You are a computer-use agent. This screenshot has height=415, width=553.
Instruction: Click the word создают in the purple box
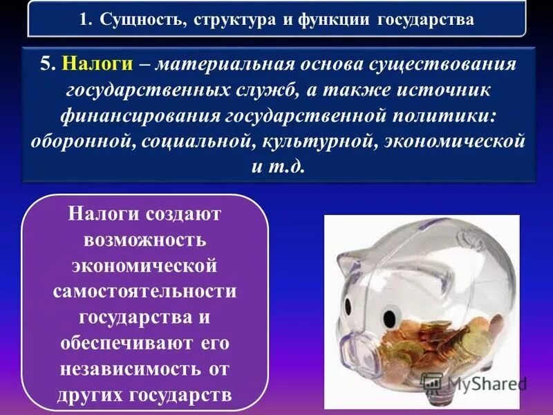(182, 214)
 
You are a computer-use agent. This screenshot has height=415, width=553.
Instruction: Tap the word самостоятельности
(144, 291)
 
